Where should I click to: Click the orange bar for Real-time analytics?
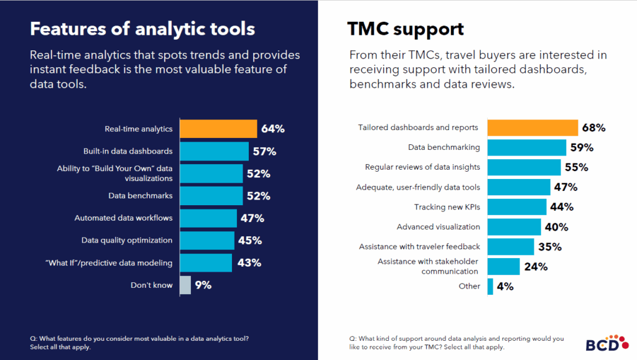pos(218,129)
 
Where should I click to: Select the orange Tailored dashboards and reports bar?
pos(532,127)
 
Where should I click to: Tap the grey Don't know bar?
pos(185,285)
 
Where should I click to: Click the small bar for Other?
pos(490,286)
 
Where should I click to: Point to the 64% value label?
pos(273,129)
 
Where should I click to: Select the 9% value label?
pos(203,285)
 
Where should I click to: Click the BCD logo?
pos(602,343)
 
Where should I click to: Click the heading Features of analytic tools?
pos(142,29)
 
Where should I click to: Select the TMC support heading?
pos(406,29)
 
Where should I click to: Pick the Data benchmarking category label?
pos(444,147)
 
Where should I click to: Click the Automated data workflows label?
pos(123,218)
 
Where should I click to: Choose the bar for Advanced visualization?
pos(514,227)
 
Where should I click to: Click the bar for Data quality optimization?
pos(207,240)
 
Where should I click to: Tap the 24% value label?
pos(536,267)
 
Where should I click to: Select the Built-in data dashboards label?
pos(128,151)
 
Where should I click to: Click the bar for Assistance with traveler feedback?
pos(510,247)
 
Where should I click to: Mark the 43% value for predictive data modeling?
pos(249,263)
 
